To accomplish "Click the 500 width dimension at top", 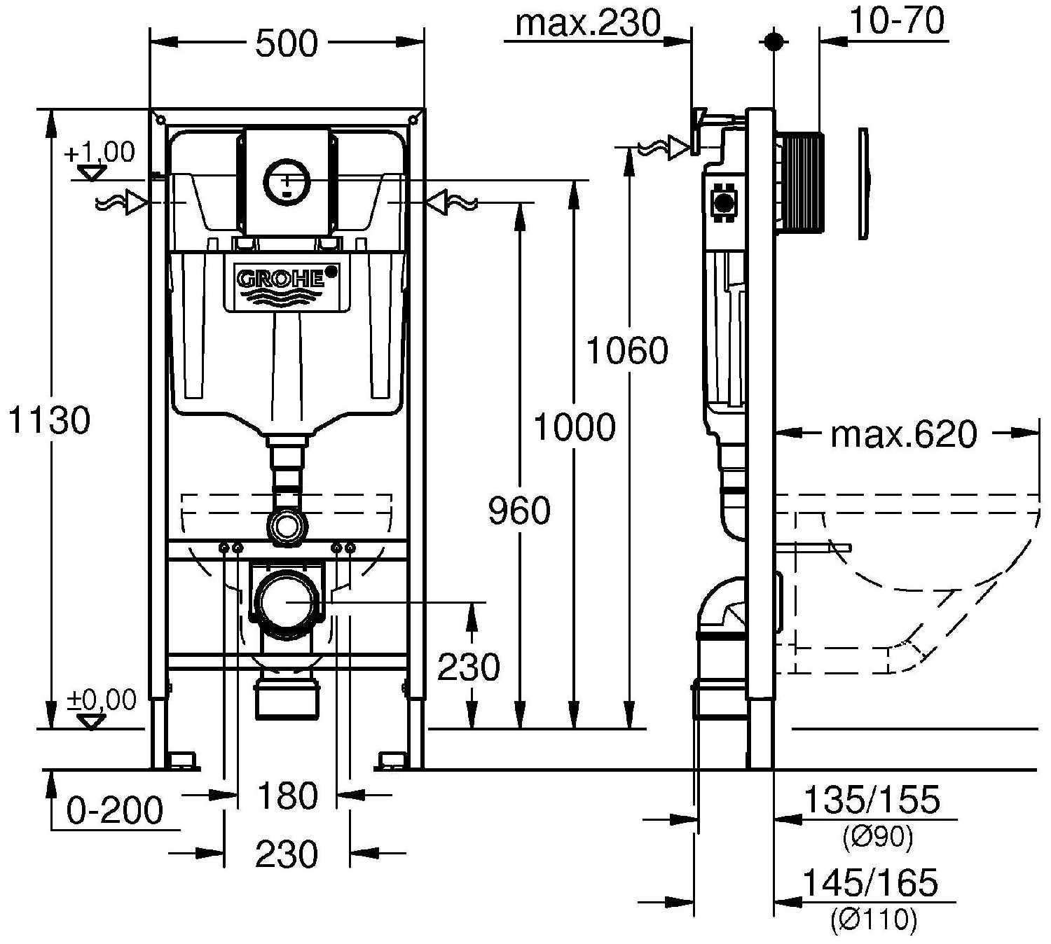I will coord(287,43).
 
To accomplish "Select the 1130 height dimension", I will coord(49,420).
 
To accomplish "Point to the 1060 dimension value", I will coord(627,350).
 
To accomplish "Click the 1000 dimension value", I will coord(575,426).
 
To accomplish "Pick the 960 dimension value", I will coord(519,511).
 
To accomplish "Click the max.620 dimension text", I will coord(903,435).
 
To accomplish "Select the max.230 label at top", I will coord(588,23).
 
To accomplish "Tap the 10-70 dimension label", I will coord(897,21).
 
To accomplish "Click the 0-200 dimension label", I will coord(115,811).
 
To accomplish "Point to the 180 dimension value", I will coord(287,796).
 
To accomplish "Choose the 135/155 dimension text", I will coord(871,800).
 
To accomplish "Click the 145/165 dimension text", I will coord(870,883).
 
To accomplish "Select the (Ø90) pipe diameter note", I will coord(877,838).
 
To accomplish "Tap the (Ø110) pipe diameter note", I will coord(873,919).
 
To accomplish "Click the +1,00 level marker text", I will coord(99,152).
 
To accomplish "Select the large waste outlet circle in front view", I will coord(287,601).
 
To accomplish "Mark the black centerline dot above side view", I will coord(774,41).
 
